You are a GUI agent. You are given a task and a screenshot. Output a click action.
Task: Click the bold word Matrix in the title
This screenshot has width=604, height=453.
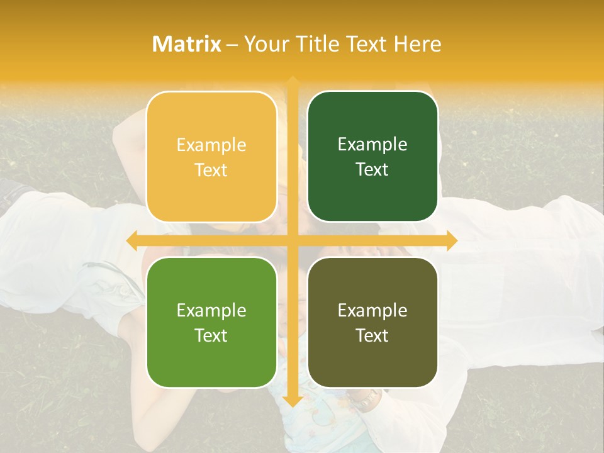(x=187, y=44)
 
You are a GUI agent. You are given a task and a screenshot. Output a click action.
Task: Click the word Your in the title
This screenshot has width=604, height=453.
(x=267, y=44)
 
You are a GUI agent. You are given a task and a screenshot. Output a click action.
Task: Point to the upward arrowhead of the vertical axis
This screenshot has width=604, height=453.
(x=292, y=82)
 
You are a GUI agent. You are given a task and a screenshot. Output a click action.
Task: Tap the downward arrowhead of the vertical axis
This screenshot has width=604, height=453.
(x=292, y=401)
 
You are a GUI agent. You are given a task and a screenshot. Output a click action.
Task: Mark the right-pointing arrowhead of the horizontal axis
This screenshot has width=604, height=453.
(x=451, y=240)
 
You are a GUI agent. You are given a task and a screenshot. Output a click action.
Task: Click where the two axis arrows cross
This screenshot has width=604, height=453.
(x=292, y=240)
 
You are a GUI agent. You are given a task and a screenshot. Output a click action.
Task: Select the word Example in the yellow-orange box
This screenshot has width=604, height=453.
(x=211, y=145)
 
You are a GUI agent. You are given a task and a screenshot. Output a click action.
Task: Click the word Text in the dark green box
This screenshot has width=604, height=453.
(x=372, y=170)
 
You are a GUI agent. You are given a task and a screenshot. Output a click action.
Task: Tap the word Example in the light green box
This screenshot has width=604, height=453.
(x=211, y=311)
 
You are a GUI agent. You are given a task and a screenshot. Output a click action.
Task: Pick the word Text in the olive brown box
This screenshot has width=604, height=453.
(x=372, y=335)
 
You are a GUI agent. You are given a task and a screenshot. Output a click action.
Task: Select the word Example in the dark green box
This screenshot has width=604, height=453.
(x=372, y=145)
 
